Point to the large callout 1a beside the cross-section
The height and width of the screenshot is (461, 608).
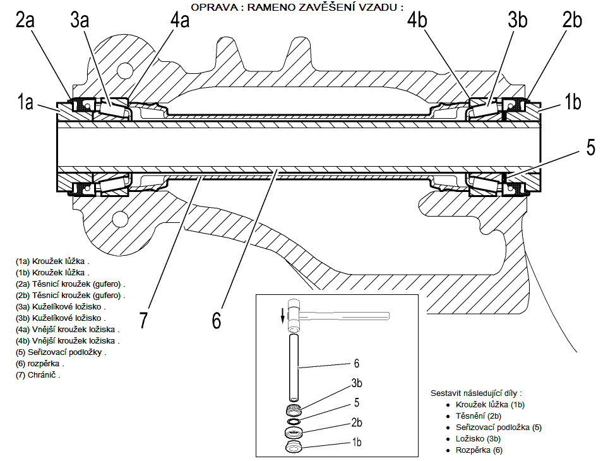(25, 102)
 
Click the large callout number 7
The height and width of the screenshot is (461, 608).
(144, 320)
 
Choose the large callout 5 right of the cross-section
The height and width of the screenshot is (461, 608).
(590, 148)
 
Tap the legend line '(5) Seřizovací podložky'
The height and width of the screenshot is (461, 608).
(61, 352)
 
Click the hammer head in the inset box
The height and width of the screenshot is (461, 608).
(295, 314)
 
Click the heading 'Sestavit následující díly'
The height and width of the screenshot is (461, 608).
(475, 392)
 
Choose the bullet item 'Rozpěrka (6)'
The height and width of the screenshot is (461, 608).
(479, 450)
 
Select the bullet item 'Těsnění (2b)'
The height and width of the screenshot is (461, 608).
(478, 416)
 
